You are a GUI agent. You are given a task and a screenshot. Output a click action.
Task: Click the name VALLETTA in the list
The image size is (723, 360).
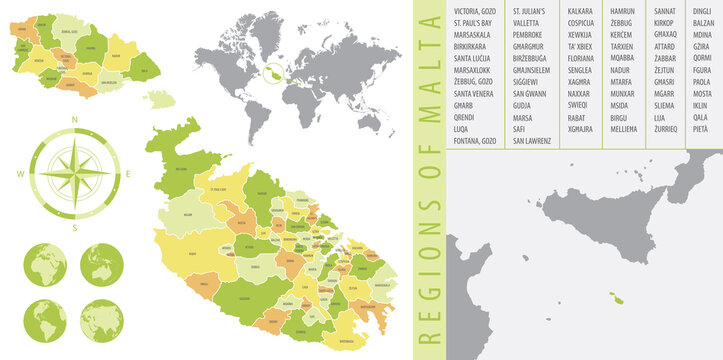[x=531, y=20]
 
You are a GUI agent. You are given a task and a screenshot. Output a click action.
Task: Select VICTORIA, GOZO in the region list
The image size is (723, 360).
[x=474, y=10]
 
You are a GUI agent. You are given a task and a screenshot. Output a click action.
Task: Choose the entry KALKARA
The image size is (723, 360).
[x=580, y=10]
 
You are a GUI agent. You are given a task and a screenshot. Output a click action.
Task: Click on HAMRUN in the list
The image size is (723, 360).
[x=622, y=10]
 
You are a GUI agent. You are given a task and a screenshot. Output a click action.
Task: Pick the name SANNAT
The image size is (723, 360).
[x=664, y=10]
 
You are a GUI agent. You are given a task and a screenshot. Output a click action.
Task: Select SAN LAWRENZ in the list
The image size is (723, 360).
[x=531, y=141]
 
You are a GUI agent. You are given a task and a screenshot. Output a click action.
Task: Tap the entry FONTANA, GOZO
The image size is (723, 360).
[x=474, y=141]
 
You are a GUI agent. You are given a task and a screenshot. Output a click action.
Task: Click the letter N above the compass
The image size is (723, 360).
[x=76, y=120]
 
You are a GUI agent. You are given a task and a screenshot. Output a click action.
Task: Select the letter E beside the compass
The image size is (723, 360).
[x=128, y=174]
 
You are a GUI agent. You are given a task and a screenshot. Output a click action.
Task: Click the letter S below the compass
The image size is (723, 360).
[x=76, y=228]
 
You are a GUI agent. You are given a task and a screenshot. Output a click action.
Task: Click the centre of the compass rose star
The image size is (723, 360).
[x=76, y=174]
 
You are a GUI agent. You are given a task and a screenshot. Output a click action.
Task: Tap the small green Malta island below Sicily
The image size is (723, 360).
[x=617, y=298]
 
